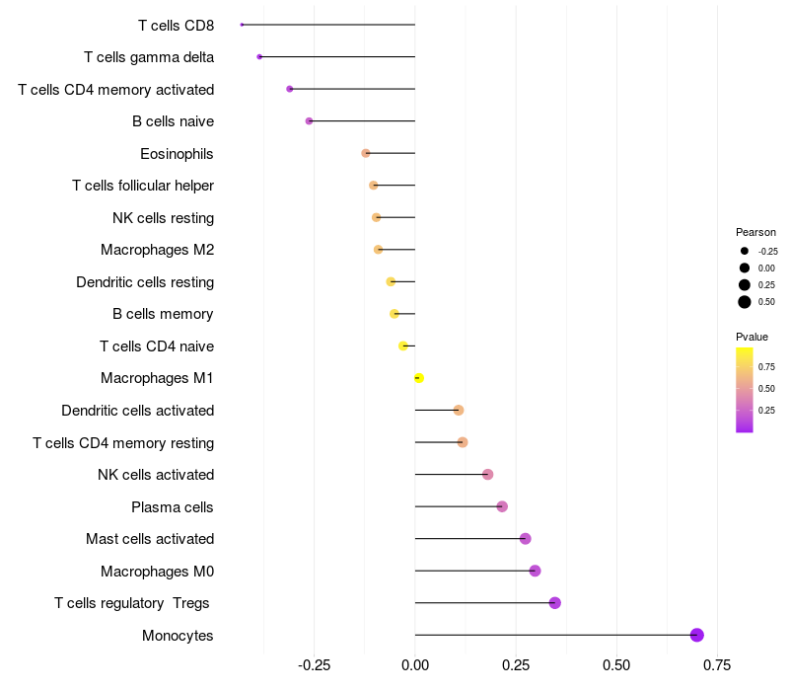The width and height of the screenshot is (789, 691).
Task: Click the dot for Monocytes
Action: [697, 635]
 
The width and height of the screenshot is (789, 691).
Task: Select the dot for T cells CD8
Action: [242, 25]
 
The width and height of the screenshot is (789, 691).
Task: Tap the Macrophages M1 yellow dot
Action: [419, 378]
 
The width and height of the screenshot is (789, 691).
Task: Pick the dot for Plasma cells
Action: [502, 506]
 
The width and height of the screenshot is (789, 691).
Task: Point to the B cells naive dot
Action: [309, 121]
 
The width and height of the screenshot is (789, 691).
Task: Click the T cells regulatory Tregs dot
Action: [554, 603]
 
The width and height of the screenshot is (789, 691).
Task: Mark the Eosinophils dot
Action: [366, 153]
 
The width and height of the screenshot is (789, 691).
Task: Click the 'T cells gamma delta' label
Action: [149, 57]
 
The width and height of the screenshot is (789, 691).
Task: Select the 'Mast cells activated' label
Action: [150, 539]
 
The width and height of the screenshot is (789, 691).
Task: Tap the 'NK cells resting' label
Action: [163, 218]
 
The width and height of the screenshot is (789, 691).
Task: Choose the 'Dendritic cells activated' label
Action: [137, 411]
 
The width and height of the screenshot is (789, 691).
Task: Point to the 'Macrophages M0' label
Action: [157, 572]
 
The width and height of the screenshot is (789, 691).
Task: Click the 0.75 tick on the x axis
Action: [717, 665]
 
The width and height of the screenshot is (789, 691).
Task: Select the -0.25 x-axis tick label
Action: [313, 665]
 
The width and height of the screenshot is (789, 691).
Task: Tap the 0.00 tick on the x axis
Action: [415, 665]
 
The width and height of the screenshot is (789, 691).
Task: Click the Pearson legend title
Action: [755, 232]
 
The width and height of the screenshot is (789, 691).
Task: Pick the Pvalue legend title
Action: [753, 337]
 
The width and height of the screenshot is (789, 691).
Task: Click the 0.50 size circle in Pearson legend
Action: [745, 302]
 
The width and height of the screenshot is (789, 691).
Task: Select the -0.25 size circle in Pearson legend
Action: [745, 251]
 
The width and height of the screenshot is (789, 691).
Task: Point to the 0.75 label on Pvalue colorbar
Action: [766, 365]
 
